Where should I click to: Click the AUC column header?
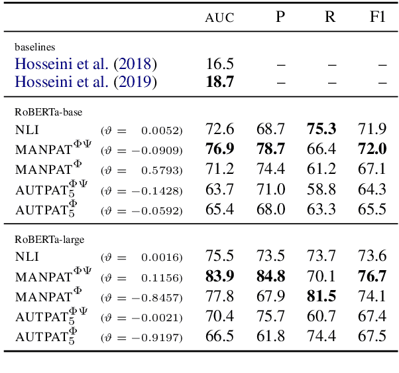point(219,18)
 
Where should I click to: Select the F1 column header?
point(377,17)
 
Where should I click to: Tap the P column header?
point(280,17)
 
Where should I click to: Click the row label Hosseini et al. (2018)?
point(86,64)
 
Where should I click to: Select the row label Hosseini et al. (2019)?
point(86,82)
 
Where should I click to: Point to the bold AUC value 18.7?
point(219,82)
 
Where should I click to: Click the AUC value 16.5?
point(219,64)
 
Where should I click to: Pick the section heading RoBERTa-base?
point(48,112)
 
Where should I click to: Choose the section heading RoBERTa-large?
point(50,240)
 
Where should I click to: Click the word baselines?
point(34,48)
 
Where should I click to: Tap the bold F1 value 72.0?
point(372,149)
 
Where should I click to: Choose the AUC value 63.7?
point(219,190)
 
